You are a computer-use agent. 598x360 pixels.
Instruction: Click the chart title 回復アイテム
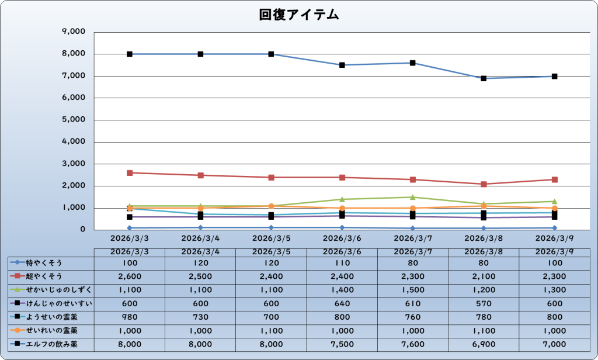[298, 16]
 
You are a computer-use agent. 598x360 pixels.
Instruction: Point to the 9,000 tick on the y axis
[73, 32]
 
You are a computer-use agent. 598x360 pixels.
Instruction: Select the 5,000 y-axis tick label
[73, 120]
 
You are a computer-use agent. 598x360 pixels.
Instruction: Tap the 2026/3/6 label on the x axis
[342, 238]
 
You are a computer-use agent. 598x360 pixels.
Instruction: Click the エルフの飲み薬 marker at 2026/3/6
[342, 65]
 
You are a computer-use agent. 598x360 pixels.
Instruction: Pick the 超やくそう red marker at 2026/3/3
[130, 173]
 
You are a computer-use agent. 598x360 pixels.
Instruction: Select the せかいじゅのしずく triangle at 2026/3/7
[413, 197]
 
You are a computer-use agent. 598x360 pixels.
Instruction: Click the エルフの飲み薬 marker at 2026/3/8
[484, 78]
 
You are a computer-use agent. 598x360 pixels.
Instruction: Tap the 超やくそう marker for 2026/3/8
[484, 184]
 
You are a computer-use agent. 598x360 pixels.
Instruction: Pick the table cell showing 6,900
[484, 344]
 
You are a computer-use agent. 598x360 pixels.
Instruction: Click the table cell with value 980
[130, 317]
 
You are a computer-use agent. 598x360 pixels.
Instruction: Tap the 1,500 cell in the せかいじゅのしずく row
[413, 290]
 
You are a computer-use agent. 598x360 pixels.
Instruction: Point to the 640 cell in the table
[342, 303]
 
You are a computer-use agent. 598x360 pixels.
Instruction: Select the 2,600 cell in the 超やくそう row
[130, 276]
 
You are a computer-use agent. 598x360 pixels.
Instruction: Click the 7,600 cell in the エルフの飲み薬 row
[413, 344]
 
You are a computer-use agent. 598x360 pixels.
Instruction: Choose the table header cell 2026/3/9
[554, 252]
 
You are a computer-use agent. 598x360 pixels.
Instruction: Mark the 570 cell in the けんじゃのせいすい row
[484, 303]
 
